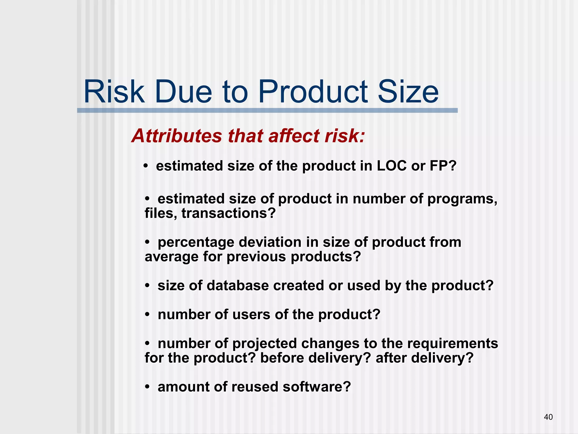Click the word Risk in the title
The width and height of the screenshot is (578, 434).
point(114,92)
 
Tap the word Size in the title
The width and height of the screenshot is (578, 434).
point(408,92)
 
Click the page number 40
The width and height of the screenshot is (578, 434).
point(548,417)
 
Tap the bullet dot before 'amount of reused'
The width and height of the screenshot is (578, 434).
point(147,387)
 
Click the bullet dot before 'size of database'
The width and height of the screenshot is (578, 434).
point(147,286)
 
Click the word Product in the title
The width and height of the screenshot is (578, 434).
point(313,92)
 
